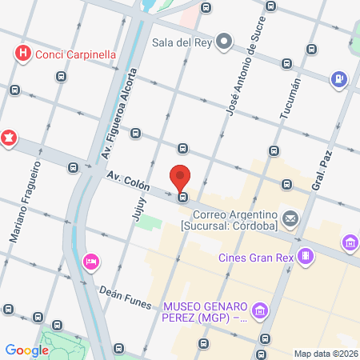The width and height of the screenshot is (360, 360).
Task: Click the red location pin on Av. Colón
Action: click(x=182, y=177)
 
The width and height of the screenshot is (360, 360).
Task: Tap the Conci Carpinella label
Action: click(x=74, y=54)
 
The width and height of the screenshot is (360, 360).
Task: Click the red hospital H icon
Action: click(x=23, y=54)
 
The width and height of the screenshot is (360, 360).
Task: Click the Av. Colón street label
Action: click(x=128, y=180)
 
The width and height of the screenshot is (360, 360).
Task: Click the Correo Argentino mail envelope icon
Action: click(x=290, y=218)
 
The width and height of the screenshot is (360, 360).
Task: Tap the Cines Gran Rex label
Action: click(x=255, y=257)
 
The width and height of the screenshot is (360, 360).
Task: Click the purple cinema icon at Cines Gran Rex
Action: click(x=304, y=256)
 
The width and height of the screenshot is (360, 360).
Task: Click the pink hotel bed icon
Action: click(x=90, y=261)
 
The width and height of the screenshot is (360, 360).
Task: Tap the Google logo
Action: click(x=27, y=350)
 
